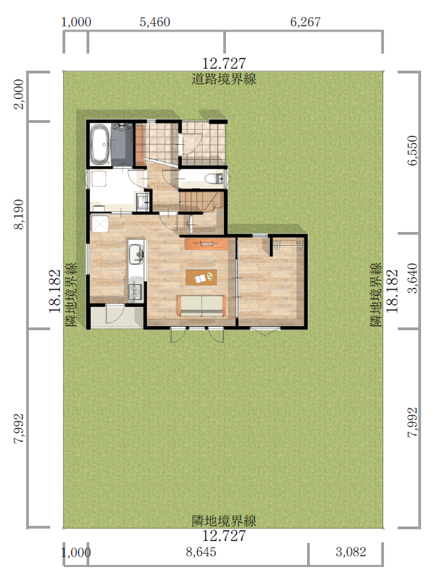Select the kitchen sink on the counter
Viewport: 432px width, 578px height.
coord(136,253)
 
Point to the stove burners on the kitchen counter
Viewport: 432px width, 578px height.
coord(135,291)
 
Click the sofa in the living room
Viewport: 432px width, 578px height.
coord(201,306)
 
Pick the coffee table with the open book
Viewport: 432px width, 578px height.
coord(201,277)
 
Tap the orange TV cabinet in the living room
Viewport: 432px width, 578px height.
coord(207,244)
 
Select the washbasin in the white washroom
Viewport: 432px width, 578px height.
coord(141,201)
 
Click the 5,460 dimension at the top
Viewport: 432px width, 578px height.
coord(155,22)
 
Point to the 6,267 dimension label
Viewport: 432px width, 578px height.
coord(306,22)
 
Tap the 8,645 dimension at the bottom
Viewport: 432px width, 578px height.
coord(201,552)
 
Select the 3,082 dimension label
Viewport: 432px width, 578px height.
coord(351,552)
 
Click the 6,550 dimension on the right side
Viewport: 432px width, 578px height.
coord(413,151)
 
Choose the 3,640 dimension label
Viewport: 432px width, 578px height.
coord(413,278)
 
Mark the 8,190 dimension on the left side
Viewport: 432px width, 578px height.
coord(19,215)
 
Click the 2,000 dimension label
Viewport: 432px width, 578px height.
coord(19,94)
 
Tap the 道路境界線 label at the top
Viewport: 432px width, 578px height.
coord(224,79)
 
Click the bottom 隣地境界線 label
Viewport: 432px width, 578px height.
coord(224,521)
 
